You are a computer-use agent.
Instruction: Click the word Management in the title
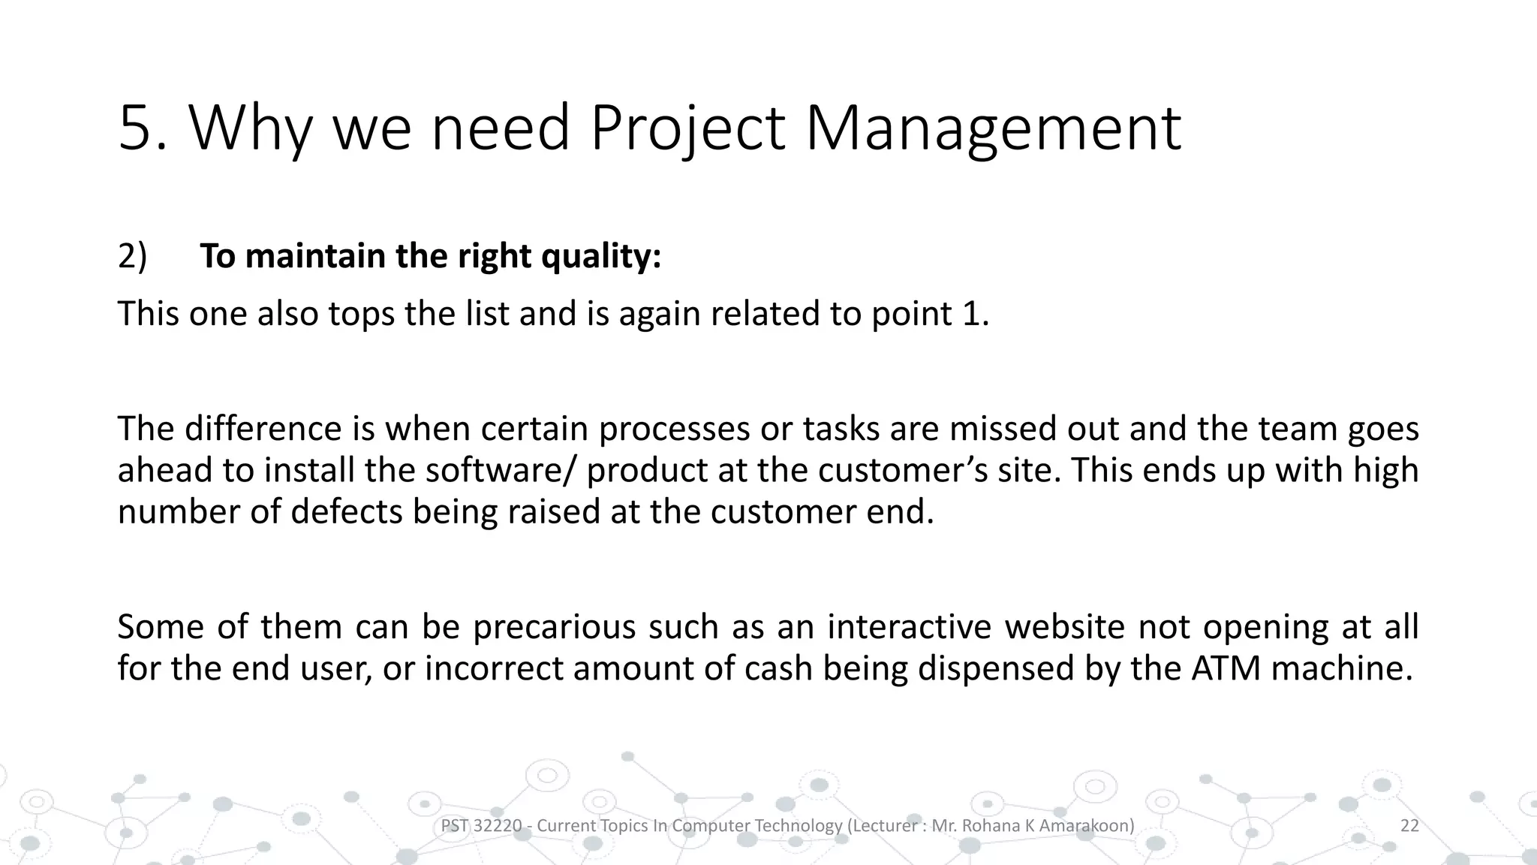tap(992, 129)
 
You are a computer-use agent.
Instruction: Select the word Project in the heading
tap(687, 129)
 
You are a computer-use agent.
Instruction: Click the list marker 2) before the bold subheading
tap(132, 257)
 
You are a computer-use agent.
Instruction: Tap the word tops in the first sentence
tap(362, 314)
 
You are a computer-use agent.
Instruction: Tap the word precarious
tap(555, 627)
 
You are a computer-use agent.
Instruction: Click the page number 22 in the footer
tap(1409, 826)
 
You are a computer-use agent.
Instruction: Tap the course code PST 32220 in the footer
tap(480, 826)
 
